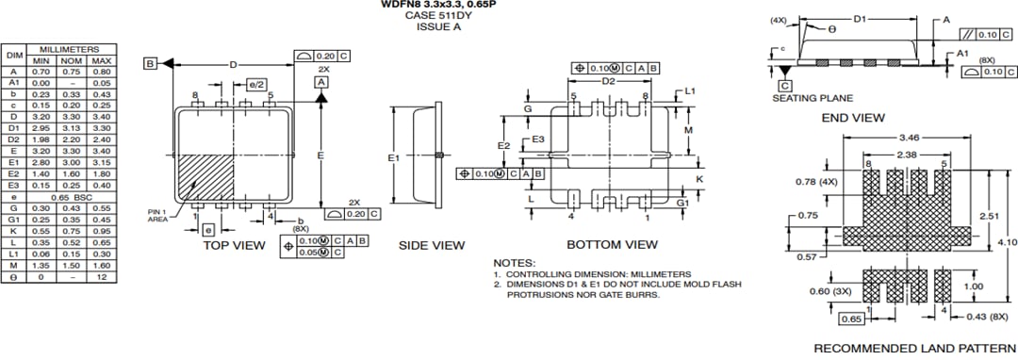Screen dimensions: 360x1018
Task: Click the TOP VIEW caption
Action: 235,245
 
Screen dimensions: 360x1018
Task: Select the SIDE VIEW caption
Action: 431,245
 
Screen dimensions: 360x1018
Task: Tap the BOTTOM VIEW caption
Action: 612,245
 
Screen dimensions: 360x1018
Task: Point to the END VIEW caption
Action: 852,118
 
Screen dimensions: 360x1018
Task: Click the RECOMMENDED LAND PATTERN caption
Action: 914,348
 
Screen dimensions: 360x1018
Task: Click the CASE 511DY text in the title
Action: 436,16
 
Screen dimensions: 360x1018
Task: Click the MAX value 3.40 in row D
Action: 102,117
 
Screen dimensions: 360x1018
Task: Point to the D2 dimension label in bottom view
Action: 609,82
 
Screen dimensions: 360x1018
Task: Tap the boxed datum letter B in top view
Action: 150,63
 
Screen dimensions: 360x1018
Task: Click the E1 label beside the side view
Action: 394,157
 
